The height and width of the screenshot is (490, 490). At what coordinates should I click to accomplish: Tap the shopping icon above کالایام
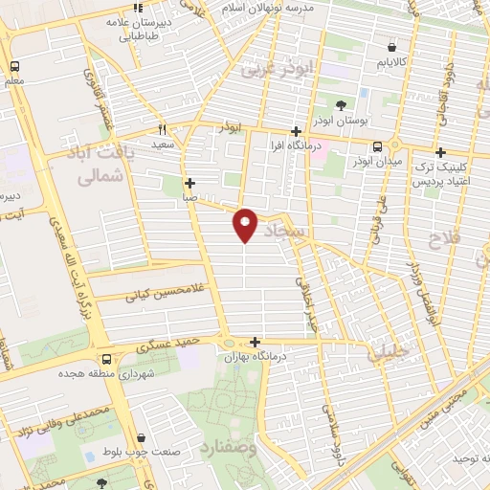[x=392, y=48]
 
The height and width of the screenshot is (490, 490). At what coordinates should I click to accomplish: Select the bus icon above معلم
[x=15, y=67]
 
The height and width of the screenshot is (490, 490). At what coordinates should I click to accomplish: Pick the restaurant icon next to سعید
[x=162, y=130]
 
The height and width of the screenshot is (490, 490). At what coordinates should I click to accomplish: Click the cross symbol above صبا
[x=190, y=183]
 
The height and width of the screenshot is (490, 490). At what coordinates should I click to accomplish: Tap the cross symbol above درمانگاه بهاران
[x=255, y=342]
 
